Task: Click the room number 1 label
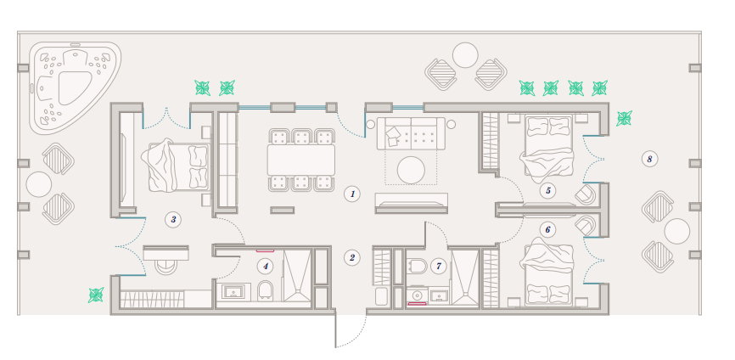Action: click(x=352, y=194)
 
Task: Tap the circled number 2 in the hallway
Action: click(x=352, y=257)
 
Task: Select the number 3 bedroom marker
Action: click(x=173, y=219)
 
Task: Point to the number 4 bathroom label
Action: click(x=266, y=267)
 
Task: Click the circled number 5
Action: click(x=547, y=191)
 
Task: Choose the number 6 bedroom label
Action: click(x=547, y=230)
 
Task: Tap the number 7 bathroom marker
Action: click(x=439, y=267)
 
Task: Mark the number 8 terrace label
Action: click(x=649, y=160)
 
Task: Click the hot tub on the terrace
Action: click(x=73, y=87)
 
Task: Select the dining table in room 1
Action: click(x=301, y=160)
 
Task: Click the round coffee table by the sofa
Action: click(x=411, y=170)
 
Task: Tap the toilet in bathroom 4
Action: click(x=266, y=291)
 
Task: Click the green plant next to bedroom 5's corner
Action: click(x=624, y=118)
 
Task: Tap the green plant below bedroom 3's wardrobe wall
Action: click(x=96, y=295)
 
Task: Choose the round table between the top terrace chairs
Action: click(x=465, y=55)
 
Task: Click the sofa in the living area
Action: click(x=411, y=133)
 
